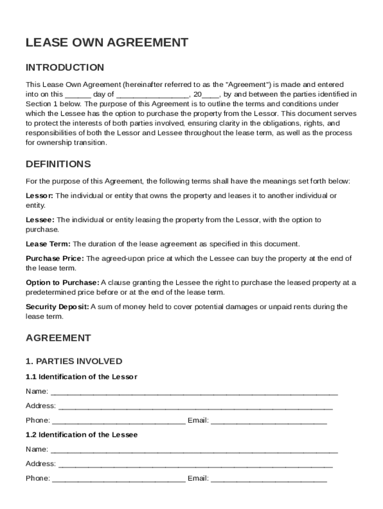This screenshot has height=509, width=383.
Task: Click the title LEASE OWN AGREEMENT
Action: (107, 43)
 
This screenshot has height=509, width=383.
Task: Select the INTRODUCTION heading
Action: (65, 68)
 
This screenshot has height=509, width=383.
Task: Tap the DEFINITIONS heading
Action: (58, 164)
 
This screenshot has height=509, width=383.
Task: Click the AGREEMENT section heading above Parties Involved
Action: (58, 338)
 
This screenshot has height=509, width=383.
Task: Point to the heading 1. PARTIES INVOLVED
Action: (74, 361)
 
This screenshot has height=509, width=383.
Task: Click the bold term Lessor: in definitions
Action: (39, 195)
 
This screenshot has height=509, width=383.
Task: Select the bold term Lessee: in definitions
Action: (40, 220)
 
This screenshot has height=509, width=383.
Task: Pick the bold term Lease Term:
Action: (48, 244)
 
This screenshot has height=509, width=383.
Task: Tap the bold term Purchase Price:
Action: (55, 258)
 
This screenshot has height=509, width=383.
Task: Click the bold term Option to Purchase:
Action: (62, 283)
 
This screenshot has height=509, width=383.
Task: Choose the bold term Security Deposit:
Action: (57, 307)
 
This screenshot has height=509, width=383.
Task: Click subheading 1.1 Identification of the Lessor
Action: (81, 377)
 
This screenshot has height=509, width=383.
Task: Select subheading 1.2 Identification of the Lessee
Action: (82, 435)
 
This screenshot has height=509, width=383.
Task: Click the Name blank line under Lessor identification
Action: (194, 392)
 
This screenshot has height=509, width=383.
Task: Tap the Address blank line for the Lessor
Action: (195, 406)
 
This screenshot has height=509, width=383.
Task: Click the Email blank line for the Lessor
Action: (269, 421)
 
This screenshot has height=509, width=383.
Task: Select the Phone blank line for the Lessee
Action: (118, 479)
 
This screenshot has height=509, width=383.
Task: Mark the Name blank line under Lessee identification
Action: (194, 450)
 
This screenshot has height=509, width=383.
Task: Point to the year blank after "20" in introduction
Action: (210, 94)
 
